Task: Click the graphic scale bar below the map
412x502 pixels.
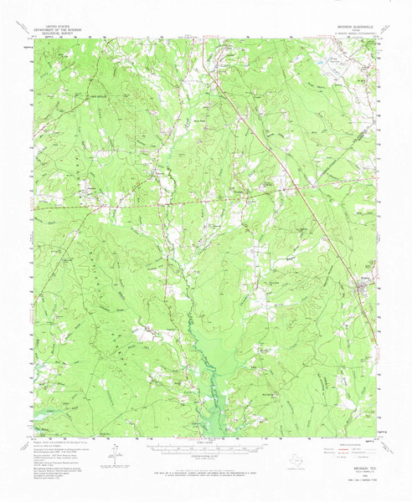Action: click(x=204, y=448)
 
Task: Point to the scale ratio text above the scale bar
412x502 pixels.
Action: click(x=204, y=442)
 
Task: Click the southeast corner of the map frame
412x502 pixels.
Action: click(x=378, y=435)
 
